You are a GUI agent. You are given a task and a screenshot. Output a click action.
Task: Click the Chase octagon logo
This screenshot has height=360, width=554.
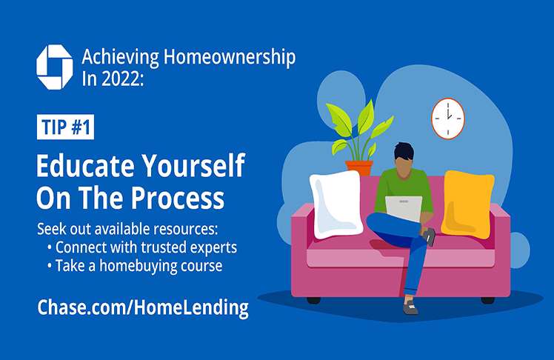point(55,67)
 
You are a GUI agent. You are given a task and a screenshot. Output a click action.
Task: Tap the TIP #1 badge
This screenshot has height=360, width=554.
point(65,127)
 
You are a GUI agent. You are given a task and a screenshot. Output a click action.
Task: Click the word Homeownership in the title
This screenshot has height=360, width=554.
point(230,58)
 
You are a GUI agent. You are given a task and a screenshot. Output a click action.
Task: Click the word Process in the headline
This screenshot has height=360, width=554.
point(178,198)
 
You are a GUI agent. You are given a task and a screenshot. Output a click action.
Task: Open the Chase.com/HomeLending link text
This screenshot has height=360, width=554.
point(143,307)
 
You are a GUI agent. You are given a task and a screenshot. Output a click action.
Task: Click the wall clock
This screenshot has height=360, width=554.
point(448,119)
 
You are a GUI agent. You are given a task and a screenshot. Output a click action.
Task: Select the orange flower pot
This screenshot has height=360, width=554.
point(359,168)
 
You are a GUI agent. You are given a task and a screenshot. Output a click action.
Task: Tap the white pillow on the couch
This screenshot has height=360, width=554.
point(336,204)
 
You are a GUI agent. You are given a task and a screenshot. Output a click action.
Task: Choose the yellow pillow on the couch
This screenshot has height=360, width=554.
point(467,204)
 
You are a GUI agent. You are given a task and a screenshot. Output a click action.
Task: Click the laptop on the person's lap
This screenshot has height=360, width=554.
point(404,208)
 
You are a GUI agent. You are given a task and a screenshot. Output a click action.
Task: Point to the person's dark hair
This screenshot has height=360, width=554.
point(404,151)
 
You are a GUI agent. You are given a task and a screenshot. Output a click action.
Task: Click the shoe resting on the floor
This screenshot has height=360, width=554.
point(410,307)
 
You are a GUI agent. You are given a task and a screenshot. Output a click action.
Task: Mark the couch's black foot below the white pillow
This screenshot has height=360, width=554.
point(314,300)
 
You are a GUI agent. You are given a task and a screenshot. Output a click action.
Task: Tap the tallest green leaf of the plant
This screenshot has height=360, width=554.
point(366,116)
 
